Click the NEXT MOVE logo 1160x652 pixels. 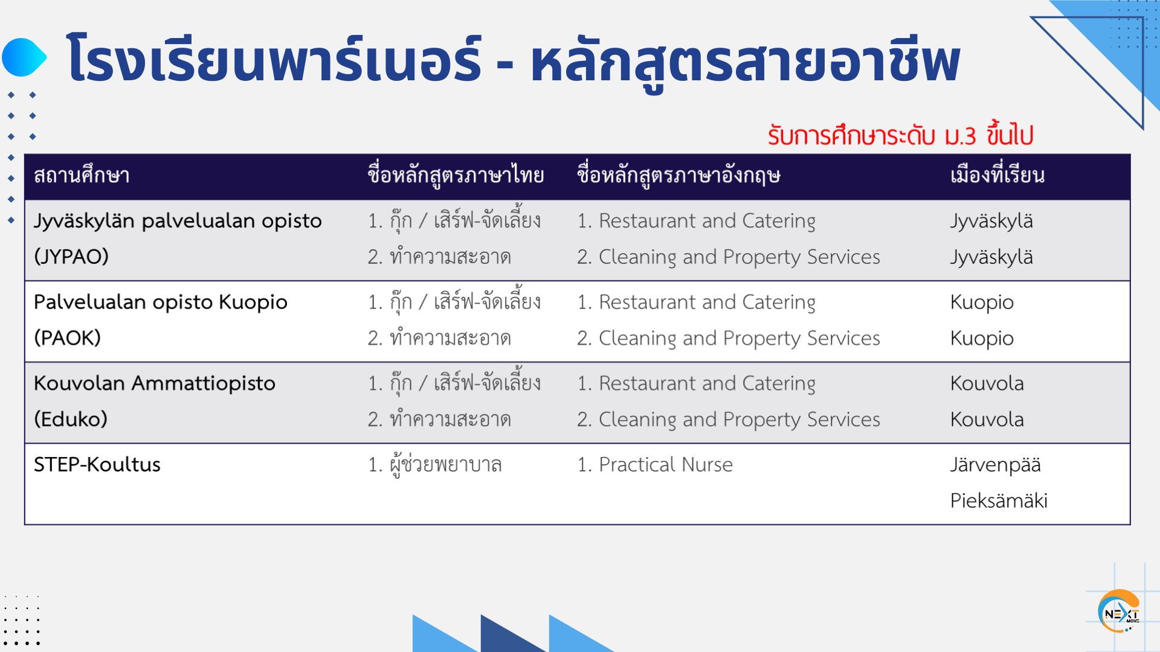click(1119, 612)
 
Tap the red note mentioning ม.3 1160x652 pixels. click(900, 135)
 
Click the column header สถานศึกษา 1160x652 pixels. click(82, 176)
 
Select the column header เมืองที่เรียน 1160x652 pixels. click(997, 175)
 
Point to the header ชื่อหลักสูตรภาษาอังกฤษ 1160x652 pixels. click(678, 176)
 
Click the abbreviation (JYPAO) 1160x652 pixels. click(71, 257)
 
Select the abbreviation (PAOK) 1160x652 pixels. click(67, 338)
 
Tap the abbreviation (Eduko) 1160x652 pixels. click(71, 419)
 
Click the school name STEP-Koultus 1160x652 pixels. click(97, 464)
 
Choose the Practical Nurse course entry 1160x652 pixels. click(655, 464)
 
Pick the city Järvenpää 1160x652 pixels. click(996, 465)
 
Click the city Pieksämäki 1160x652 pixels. click(999, 500)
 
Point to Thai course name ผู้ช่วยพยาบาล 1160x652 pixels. click(435, 464)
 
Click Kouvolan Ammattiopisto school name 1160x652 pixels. click(155, 383)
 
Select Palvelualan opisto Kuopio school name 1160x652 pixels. click(161, 302)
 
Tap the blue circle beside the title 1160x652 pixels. click(24, 57)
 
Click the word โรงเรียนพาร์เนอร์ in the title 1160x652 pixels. click(275, 59)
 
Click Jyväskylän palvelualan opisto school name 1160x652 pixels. click(178, 221)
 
